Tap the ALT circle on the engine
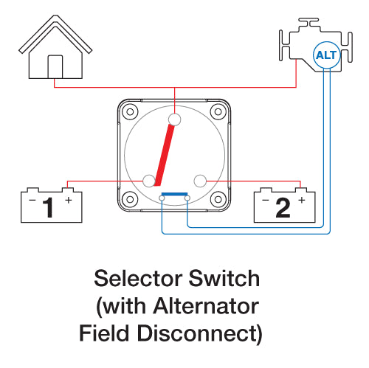(325, 54)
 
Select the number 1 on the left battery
(49, 208)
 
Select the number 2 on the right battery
(283, 208)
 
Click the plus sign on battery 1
(69, 200)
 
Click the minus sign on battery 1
(31, 200)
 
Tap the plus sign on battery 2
(301, 200)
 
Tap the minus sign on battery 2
(264, 200)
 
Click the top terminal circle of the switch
(175, 119)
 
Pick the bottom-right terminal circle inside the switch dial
(199, 179)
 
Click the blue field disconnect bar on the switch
(175, 195)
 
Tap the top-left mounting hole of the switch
(130, 112)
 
